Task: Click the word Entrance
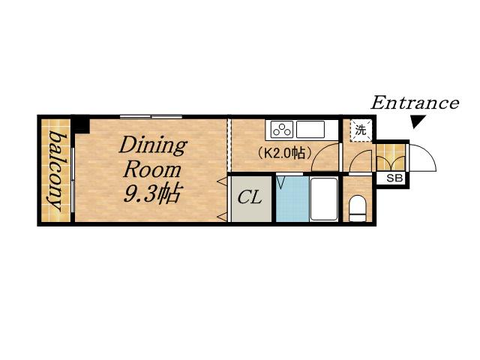[415, 103]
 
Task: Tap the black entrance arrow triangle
[418, 121]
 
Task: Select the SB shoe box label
[394, 178]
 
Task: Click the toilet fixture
[357, 209]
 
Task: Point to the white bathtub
[324, 199]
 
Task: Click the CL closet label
[250, 197]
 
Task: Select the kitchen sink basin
[310, 130]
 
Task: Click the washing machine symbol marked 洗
[361, 130]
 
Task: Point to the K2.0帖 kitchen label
[285, 152]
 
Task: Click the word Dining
[153, 145]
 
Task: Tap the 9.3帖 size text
[151, 193]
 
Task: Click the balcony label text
[55, 170]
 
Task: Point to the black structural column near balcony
[81, 124]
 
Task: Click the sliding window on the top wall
[151, 117]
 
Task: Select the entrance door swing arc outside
[427, 152]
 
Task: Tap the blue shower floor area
[292, 199]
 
